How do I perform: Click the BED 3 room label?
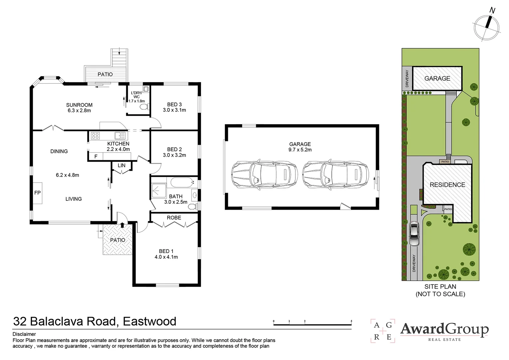[174, 105]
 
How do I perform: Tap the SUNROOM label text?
[79, 105]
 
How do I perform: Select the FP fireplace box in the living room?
[38, 193]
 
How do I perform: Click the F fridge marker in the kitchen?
[96, 156]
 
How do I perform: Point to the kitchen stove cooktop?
[95, 136]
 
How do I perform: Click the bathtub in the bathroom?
[182, 183]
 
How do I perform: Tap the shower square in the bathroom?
[159, 190]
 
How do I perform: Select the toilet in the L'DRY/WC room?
[145, 106]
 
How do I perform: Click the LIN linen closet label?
[122, 166]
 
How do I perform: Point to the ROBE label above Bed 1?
[174, 218]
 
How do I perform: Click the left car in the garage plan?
[264, 174]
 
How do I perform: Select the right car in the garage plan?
[335, 174]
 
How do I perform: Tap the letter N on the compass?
[492, 10]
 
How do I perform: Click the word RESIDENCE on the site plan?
[447, 185]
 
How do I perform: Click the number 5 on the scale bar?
[351, 321]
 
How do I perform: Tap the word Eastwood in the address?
[150, 321]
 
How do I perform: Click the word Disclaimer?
[24, 334]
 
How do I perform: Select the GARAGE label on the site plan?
[437, 78]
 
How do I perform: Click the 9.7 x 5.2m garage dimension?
[300, 150]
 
